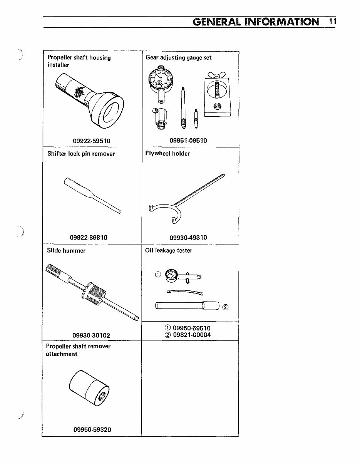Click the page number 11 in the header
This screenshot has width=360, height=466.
[x=333, y=21]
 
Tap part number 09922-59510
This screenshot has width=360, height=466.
[x=92, y=141]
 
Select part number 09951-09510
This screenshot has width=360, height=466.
[x=188, y=141]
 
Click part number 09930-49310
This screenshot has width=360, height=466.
[x=188, y=238]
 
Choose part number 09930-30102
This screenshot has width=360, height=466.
[x=91, y=335]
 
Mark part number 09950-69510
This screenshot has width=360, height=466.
[x=192, y=328]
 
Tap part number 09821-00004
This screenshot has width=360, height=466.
[x=192, y=335]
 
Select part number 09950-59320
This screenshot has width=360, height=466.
[x=92, y=429]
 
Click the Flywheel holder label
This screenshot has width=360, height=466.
[x=167, y=154]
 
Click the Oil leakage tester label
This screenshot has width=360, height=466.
[x=169, y=250]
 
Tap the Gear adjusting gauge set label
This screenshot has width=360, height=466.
[x=179, y=57]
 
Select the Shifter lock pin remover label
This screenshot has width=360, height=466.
[x=81, y=154]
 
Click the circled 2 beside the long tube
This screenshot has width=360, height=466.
[x=226, y=307]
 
